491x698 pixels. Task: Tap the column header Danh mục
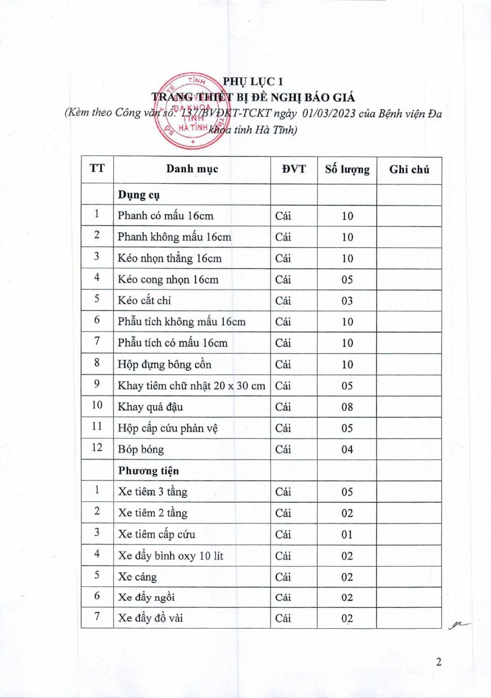click(192, 169)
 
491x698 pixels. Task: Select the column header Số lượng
click(347, 169)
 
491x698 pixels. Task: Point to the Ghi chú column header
click(409, 169)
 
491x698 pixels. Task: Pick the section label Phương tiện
click(149, 471)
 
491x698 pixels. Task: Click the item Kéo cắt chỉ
click(144, 301)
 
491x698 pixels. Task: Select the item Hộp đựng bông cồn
click(164, 365)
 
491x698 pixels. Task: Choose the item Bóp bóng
click(141, 450)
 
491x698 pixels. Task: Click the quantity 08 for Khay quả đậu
click(347, 407)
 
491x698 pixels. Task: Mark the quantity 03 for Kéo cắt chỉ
click(347, 301)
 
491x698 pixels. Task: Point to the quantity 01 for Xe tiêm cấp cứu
click(347, 535)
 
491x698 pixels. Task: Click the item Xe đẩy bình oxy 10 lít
click(170, 556)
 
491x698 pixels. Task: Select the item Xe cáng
click(137, 577)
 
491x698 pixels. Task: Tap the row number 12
click(97, 448)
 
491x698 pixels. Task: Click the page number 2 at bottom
click(439, 662)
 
